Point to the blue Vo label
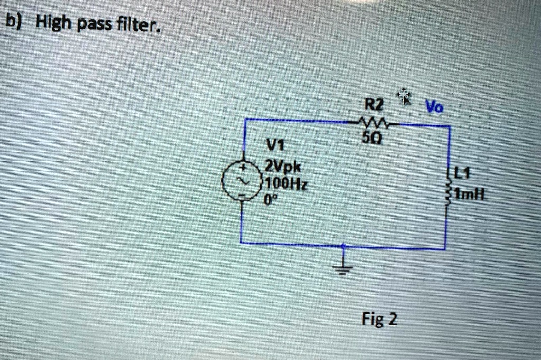tap(435, 107)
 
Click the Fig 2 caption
tap(380, 319)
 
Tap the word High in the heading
tap(54, 22)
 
